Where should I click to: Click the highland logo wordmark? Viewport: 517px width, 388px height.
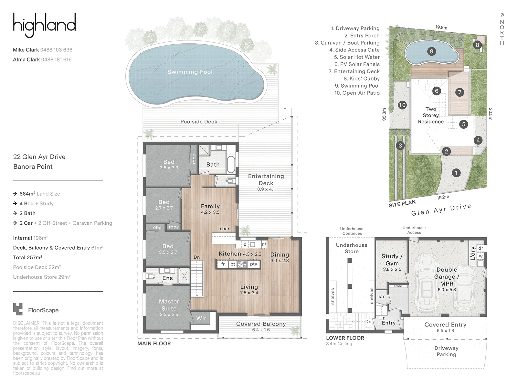[x=44, y=25]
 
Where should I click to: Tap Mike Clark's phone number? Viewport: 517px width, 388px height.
[x=56, y=50]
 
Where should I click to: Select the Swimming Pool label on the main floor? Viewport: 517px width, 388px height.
[x=190, y=72]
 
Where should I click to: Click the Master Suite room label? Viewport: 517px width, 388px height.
[x=169, y=305]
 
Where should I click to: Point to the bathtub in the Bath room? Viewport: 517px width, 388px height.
[x=231, y=164]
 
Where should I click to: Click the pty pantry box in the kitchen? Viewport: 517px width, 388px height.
[x=254, y=264]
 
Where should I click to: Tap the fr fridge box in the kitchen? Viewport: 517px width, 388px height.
[x=223, y=264]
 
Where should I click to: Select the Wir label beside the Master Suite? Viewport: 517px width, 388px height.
[x=201, y=318]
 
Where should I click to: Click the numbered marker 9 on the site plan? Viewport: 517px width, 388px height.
[x=431, y=51]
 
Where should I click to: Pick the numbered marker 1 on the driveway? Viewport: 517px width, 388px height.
[x=456, y=173]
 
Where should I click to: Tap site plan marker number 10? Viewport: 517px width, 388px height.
[x=402, y=105]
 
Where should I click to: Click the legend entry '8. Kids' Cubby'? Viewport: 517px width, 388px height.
[x=362, y=79]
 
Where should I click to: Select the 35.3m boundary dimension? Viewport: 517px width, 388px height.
[x=384, y=114]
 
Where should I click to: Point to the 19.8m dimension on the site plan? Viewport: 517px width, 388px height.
[x=441, y=27]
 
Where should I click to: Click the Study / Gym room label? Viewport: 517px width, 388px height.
[x=392, y=260]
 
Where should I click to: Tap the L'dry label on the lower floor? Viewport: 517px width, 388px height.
[x=472, y=253]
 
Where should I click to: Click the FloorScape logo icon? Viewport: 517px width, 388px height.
[x=18, y=309]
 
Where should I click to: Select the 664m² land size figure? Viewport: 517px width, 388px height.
[x=27, y=194]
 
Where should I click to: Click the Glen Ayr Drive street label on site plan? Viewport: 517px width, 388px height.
[x=441, y=210]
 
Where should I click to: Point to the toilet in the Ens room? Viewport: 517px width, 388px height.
[x=150, y=276]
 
